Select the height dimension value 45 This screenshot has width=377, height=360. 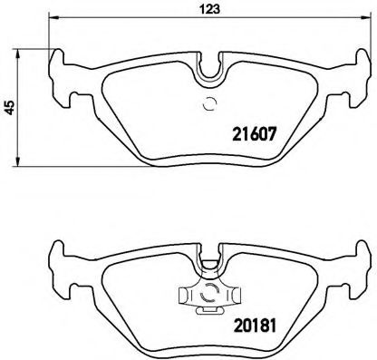coord(8,107)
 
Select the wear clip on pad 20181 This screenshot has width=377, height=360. coord(208,295)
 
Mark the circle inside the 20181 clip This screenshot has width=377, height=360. coord(208,292)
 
